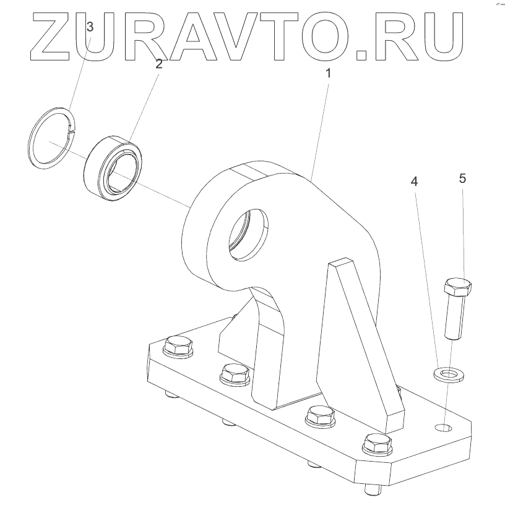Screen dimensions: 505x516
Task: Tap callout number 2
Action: [x=159, y=63]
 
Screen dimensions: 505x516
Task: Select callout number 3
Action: [x=90, y=27]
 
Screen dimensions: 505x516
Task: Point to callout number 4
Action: [x=415, y=182]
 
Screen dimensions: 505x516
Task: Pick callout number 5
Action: [x=462, y=179]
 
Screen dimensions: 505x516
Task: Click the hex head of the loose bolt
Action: [x=458, y=287]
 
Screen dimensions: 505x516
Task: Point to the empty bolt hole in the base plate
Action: [x=444, y=426]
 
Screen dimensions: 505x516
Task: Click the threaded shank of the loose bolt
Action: [x=454, y=316]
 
